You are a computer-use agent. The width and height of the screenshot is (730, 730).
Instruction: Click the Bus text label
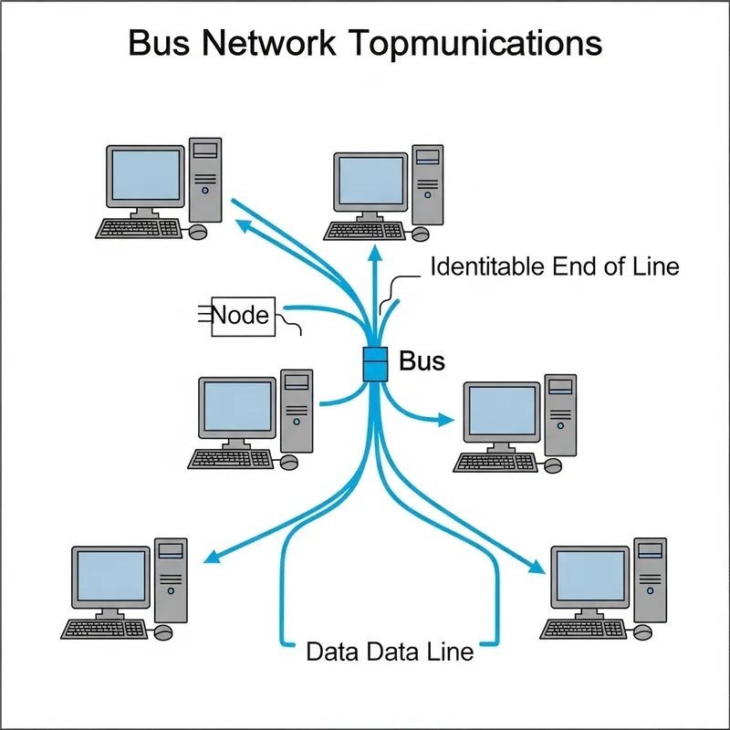(x=422, y=361)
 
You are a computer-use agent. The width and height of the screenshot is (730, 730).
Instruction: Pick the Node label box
(x=241, y=316)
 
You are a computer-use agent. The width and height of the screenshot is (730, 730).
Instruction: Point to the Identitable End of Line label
(x=554, y=267)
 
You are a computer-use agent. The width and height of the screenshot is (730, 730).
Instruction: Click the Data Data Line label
(x=390, y=652)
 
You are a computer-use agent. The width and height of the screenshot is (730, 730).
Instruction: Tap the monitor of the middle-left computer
(x=237, y=407)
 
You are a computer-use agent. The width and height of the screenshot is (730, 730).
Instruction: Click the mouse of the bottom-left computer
(x=164, y=631)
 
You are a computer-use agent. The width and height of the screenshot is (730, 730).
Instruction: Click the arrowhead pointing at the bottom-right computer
(x=537, y=568)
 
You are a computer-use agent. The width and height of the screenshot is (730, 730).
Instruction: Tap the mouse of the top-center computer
(x=419, y=235)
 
